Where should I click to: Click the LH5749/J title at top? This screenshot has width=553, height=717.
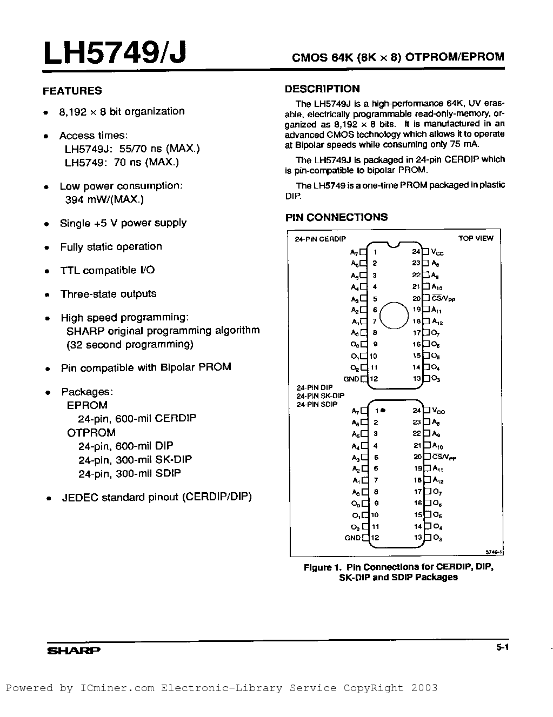(115, 54)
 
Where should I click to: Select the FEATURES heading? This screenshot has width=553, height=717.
(72, 91)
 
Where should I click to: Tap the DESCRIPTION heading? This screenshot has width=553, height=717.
(322, 89)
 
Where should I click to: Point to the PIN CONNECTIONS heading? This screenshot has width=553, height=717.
(336, 217)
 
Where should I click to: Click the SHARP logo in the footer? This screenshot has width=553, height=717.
(74, 651)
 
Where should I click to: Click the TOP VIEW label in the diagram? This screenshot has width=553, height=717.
(476, 238)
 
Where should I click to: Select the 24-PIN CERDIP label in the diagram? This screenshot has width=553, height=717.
(321, 239)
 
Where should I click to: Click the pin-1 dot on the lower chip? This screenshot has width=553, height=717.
(383, 410)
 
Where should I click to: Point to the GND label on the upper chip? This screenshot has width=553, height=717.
(351, 379)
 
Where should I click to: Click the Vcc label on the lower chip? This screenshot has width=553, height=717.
(438, 411)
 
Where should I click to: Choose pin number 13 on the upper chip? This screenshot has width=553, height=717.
(417, 379)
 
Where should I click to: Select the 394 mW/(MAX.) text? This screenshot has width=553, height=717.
(104, 200)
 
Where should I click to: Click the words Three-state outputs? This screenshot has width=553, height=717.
(108, 294)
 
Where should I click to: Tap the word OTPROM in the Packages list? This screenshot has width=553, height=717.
(91, 433)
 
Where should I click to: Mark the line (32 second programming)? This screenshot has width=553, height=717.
(130, 344)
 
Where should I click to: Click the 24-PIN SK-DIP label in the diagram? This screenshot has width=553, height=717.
(320, 396)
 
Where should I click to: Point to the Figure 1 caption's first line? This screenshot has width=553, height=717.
(398, 567)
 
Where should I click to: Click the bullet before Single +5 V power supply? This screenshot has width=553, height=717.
(48, 224)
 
